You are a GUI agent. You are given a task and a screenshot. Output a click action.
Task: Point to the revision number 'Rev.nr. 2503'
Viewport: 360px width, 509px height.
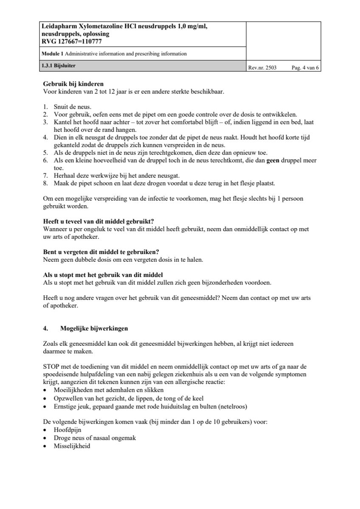[262, 67]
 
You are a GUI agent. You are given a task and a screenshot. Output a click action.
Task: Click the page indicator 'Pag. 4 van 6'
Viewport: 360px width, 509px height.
[305, 67]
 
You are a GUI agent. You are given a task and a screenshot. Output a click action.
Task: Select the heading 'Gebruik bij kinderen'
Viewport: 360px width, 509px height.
[73, 84]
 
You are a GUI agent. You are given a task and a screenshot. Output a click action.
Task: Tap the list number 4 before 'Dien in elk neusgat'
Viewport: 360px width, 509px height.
[45, 137]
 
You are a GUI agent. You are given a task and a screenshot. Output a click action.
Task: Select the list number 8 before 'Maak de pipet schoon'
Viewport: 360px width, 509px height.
[45, 183]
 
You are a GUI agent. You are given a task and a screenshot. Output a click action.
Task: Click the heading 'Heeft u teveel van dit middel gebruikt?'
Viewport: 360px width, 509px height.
[98, 221]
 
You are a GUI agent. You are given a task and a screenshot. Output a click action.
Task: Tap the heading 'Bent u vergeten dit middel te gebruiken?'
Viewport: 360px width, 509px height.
[101, 252]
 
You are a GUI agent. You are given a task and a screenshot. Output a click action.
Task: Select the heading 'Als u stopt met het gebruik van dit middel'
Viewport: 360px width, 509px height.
[103, 275]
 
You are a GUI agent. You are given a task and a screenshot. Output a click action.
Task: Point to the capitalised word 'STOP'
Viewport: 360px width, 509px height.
[52, 366]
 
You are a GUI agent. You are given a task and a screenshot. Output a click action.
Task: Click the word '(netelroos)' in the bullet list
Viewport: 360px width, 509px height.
[232, 406]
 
